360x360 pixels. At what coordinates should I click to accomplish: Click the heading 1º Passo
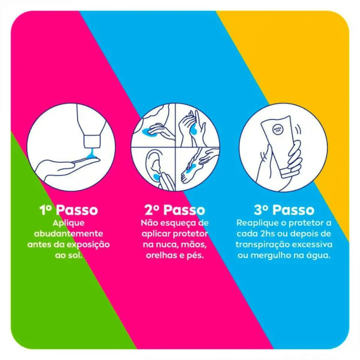point(69,210)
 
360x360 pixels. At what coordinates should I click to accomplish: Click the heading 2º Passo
point(175,210)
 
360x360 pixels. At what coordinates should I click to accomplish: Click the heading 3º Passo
point(284,210)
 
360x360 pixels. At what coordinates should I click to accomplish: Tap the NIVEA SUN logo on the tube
point(278,130)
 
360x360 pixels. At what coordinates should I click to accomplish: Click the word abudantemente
point(68,234)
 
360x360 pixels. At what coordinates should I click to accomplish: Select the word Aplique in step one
point(69,223)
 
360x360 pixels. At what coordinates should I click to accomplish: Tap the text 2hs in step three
point(268,234)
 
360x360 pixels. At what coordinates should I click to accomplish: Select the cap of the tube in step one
point(92,141)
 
